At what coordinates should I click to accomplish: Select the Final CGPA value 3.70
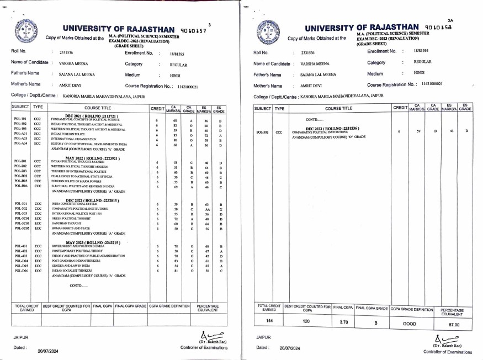click(343, 321)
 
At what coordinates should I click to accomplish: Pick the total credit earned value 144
click(269, 321)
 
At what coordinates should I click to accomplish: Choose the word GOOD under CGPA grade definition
click(410, 322)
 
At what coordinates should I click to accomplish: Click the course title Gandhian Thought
click(66, 223)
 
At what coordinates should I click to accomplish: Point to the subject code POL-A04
click(21, 144)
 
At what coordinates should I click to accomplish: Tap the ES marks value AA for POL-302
click(206, 209)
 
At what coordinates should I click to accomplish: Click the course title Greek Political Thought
click(70, 218)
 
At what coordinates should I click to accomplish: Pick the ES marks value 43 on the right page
click(449, 131)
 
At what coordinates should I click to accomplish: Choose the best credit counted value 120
click(306, 321)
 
